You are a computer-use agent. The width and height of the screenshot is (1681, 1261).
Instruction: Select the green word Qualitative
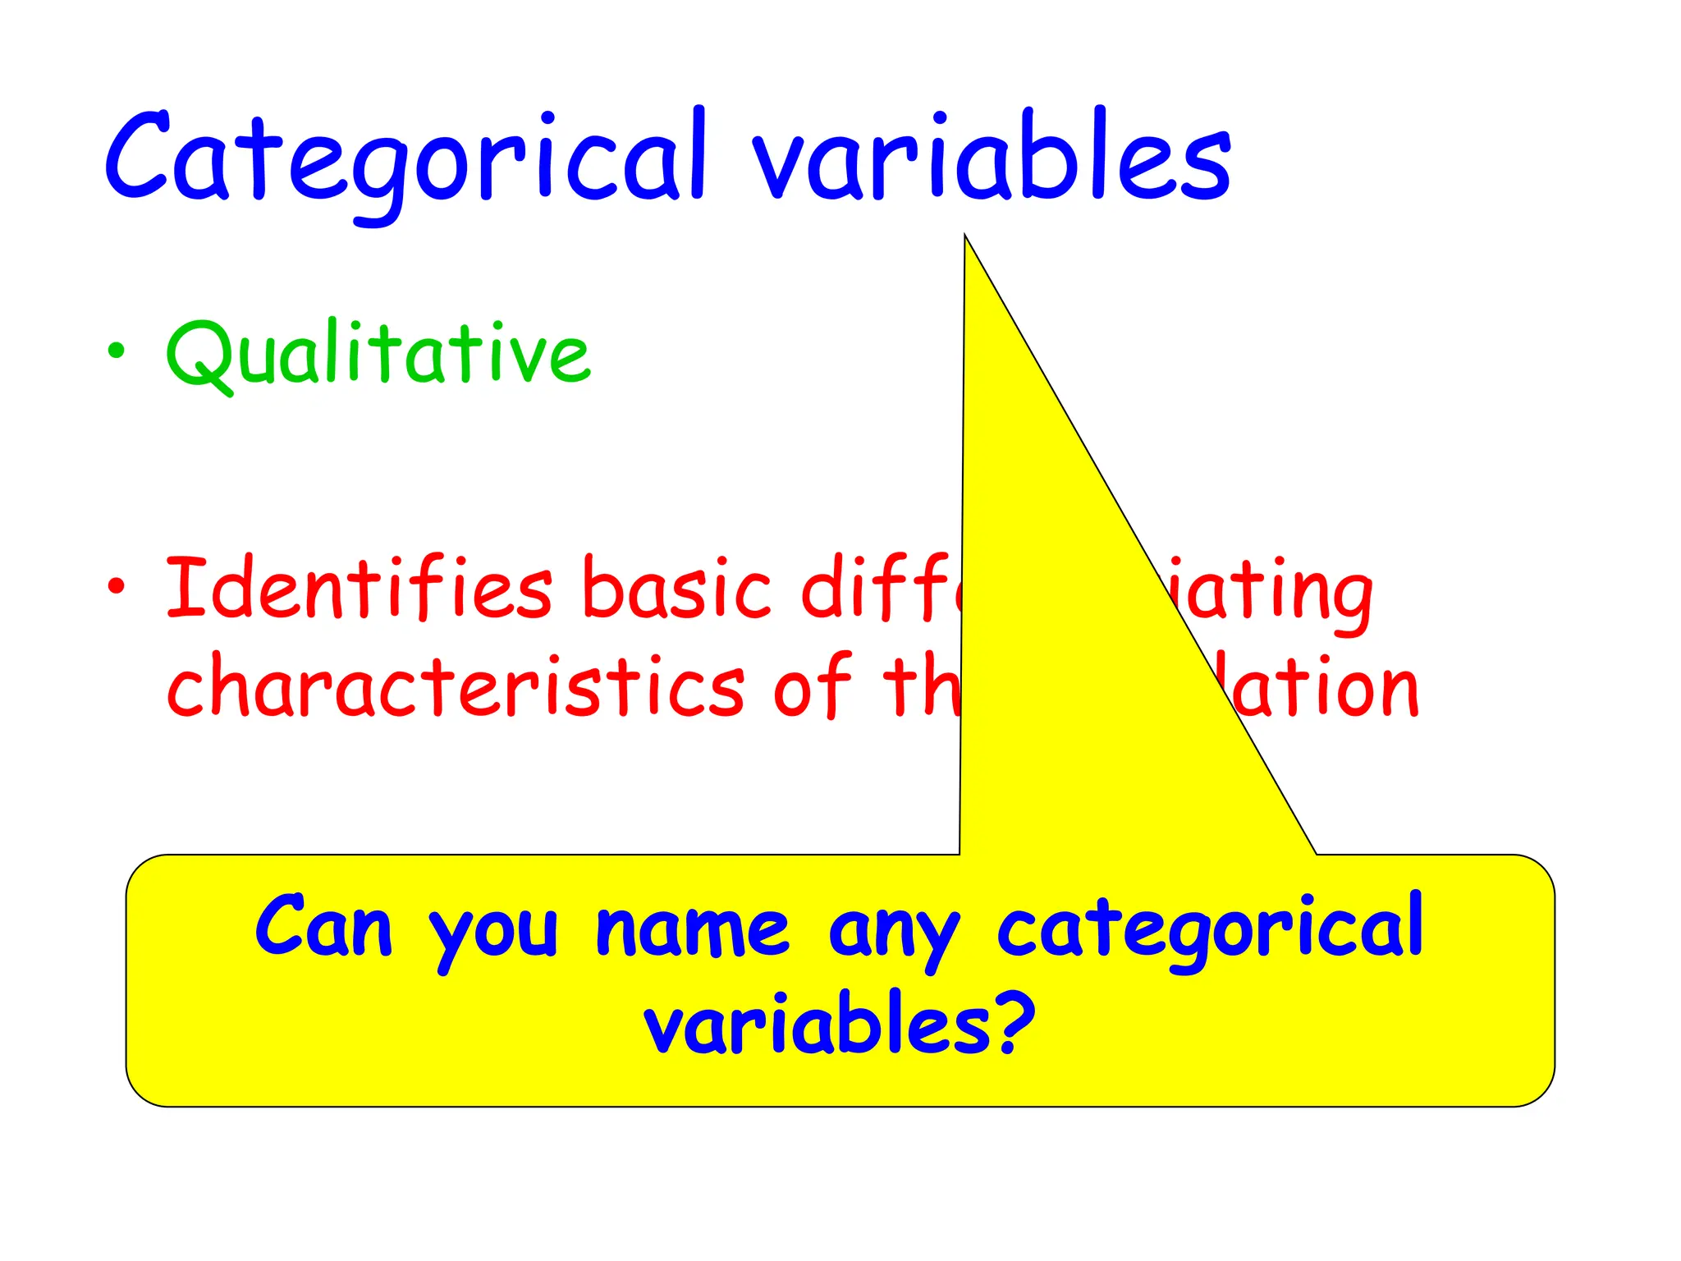(378, 353)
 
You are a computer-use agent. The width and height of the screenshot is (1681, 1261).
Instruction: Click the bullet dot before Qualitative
(117, 351)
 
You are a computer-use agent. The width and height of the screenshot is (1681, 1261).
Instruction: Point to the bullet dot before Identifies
(117, 586)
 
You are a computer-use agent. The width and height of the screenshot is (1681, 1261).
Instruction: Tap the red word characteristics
(456, 686)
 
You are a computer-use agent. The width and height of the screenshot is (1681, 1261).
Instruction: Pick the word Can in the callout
(323, 928)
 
